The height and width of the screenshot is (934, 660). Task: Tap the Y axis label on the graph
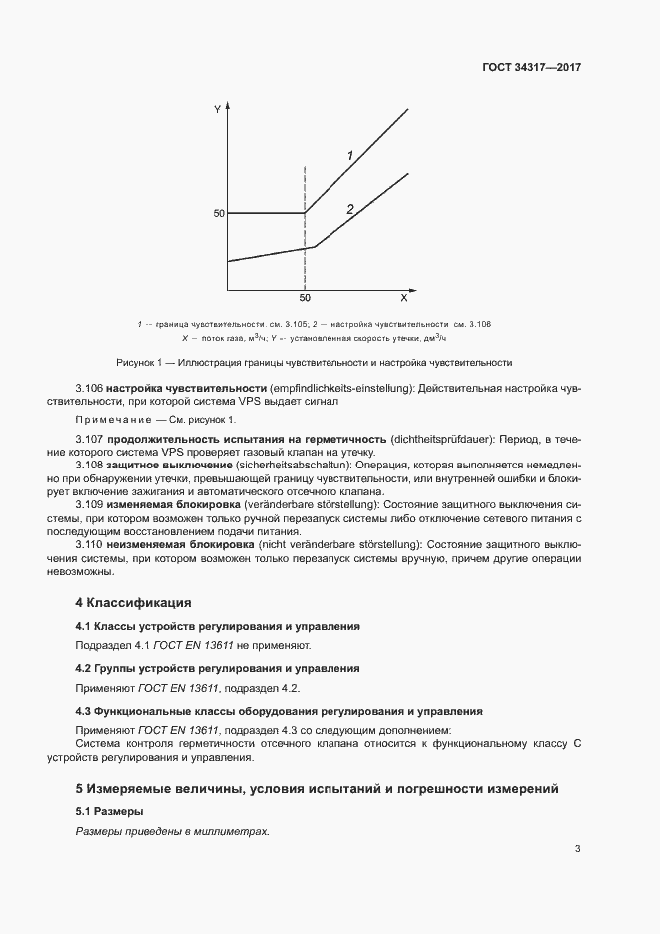click(x=217, y=108)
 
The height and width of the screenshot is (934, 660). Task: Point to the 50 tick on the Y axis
click(x=217, y=213)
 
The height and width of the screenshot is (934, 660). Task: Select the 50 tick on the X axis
click(x=305, y=299)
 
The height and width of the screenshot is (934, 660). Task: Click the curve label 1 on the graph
click(x=350, y=155)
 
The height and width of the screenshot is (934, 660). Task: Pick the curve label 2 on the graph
click(x=350, y=209)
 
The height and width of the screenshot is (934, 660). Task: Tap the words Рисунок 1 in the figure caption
click(x=139, y=362)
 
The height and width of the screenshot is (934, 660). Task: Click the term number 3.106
click(x=90, y=387)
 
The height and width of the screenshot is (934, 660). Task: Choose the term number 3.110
click(x=90, y=544)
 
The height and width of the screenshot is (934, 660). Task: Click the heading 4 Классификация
click(x=133, y=603)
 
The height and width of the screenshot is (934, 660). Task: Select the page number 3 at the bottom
click(x=577, y=850)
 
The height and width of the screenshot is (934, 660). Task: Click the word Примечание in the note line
click(x=113, y=419)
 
